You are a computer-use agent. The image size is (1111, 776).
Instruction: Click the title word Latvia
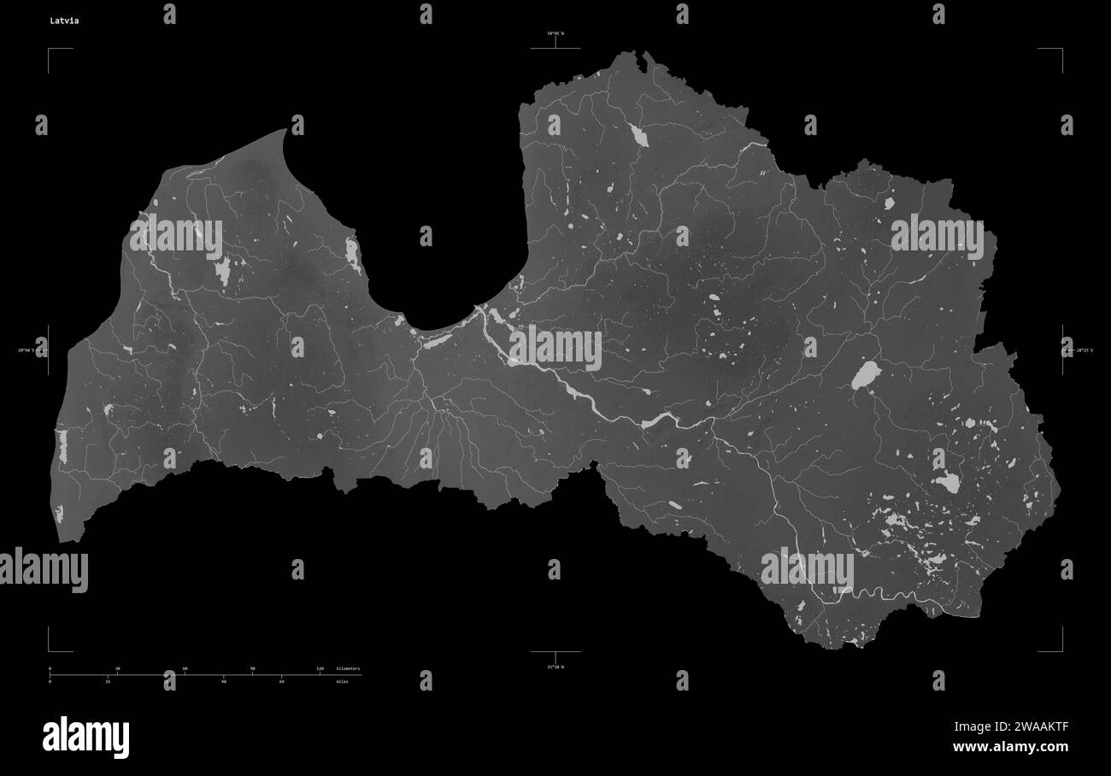(x=64, y=21)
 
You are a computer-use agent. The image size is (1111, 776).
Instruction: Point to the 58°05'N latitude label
(x=555, y=33)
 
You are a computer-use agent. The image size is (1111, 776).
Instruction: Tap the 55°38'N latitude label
(x=555, y=667)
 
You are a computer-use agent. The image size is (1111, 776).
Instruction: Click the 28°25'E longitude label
(x=1084, y=350)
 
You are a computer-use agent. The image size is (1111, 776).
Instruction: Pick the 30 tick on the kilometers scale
(x=117, y=668)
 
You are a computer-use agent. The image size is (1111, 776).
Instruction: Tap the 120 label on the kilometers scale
(x=320, y=668)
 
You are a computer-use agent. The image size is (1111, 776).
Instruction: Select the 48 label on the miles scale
(x=224, y=682)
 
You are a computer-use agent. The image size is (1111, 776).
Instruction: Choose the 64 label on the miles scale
(x=282, y=682)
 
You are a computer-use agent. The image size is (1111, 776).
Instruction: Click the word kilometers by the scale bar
(x=349, y=668)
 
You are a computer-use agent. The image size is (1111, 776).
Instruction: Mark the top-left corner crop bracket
(x=50, y=50)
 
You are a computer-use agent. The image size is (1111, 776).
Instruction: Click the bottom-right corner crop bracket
(x=1061, y=650)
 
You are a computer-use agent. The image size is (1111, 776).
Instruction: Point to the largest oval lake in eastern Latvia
(x=866, y=374)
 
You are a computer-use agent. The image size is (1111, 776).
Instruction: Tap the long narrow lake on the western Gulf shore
(x=352, y=254)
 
